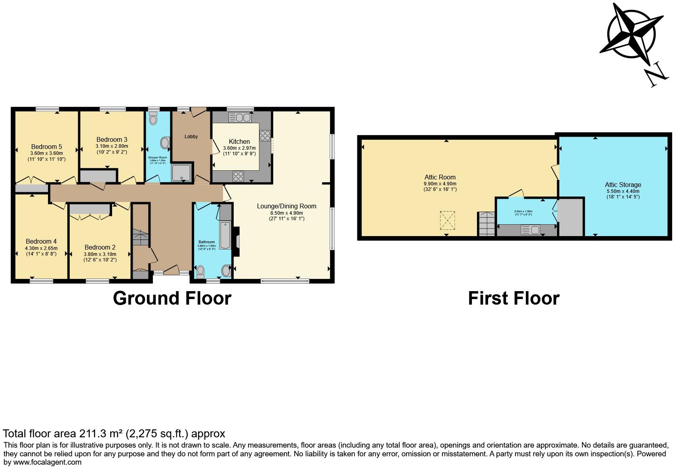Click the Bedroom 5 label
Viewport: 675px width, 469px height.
point(46,147)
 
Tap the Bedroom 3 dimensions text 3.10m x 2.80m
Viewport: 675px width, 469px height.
point(111,146)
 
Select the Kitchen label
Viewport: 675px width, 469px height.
point(239,141)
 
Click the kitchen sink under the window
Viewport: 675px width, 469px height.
point(240,118)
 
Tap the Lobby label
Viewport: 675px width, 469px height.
point(191,137)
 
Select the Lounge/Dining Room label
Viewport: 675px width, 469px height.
point(286,206)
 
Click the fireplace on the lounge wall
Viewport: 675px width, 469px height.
point(236,242)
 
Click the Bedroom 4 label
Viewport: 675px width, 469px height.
point(41,241)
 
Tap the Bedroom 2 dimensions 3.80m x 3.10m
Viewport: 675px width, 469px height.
point(100,254)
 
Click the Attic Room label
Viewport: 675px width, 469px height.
point(440,177)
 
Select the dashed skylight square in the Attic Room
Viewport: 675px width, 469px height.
point(447,221)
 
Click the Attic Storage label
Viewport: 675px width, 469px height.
point(623,185)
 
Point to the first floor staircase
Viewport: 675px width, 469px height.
point(486,224)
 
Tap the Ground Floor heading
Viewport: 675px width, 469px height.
point(172,298)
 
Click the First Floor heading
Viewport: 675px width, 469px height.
point(513,298)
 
